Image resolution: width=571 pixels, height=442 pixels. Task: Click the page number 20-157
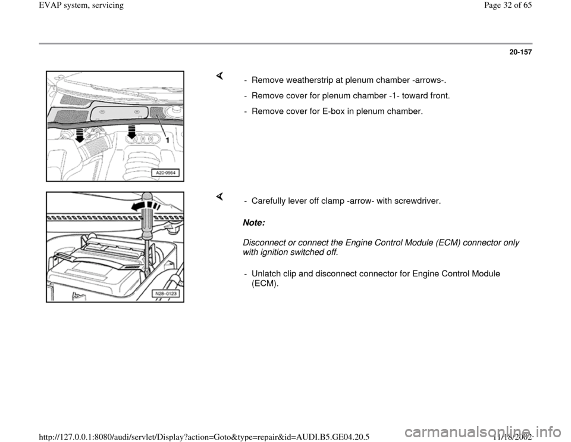[x=520, y=52]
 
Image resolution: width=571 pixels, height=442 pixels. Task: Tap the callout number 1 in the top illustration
[x=167, y=140]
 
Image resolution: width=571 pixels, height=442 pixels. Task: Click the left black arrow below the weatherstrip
[x=80, y=135]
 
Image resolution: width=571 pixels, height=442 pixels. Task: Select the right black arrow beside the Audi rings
[x=131, y=132]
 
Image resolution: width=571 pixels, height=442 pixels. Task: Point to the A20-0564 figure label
[x=165, y=173]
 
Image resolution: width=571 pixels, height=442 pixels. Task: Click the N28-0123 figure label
[x=165, y=294]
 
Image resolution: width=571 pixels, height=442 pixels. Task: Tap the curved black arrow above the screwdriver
[x=145, y=207]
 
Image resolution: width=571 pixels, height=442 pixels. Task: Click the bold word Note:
[x=254, y=222]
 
